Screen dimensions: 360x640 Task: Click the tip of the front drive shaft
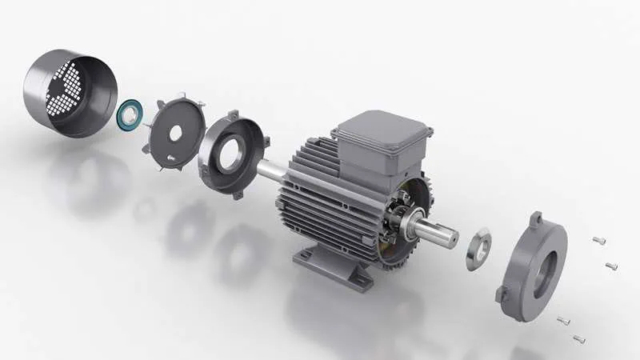point(453,237)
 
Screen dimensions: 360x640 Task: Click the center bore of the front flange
point(544,268)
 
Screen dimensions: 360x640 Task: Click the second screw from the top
point(612,265)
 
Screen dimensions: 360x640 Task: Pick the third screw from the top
point(562,320)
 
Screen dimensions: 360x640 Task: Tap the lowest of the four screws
point(579,338)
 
